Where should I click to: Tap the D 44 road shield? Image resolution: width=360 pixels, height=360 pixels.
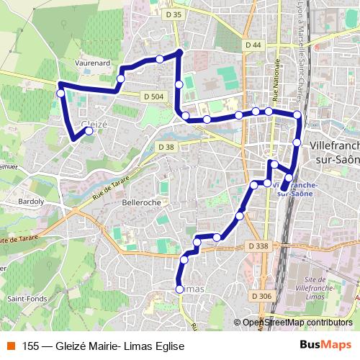[253, 45]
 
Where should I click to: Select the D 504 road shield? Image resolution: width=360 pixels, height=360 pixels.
[154, 96]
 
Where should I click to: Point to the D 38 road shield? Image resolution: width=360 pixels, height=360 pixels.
[166, 147]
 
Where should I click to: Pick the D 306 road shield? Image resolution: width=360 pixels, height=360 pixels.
[262, 296]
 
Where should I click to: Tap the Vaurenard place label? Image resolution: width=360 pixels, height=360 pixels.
[92, 63]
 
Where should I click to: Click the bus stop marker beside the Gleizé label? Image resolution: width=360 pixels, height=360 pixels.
[89, 132]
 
